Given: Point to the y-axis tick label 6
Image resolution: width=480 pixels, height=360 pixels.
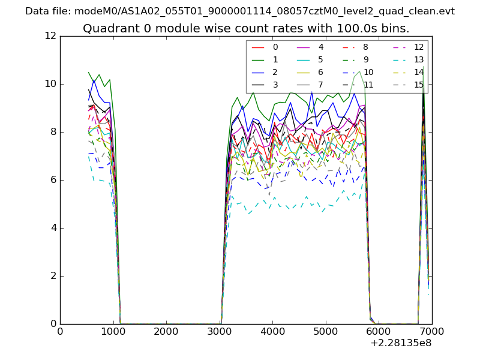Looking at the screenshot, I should click(53, 180).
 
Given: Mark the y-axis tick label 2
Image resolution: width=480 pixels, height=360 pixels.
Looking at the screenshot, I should click(53, 276).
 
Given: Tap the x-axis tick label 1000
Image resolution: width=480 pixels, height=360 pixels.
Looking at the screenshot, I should click(113, 331).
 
